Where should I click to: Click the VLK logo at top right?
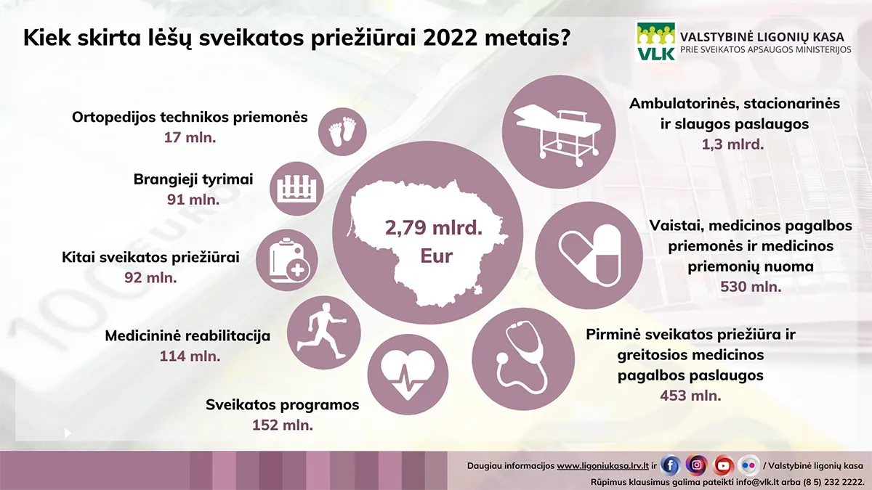coord(656,41)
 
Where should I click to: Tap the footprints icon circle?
coord(342,132)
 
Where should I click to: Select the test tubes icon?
coord(297,189)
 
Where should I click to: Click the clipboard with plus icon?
coord(287,260)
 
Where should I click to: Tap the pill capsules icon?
coord(589,256)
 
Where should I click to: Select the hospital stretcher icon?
coord(559,132)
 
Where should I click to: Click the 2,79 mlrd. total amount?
coord(434,227)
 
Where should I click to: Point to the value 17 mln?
coord(190,138)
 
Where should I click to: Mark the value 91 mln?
coord(193,200)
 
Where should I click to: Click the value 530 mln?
coord(751,287)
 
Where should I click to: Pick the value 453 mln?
coord(690,396)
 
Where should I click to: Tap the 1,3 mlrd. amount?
coord(732,144)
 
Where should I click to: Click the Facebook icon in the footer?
coord(670,465)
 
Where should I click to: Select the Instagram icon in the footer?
coord(697,465)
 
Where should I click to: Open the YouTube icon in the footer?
coord(723,465)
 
